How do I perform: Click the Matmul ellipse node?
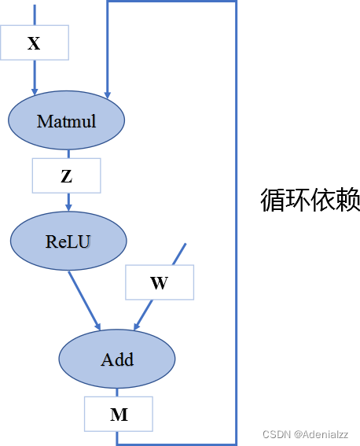67,121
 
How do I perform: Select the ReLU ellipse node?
68,241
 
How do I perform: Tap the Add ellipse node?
117,359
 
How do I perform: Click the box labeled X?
34,43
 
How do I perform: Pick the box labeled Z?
66,176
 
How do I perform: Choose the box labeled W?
159,283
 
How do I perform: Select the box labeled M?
119,415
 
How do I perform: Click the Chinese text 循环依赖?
310,201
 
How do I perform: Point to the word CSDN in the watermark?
277,434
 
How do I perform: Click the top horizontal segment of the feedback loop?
171,2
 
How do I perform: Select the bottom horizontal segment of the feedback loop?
177,444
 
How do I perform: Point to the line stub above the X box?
34,13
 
